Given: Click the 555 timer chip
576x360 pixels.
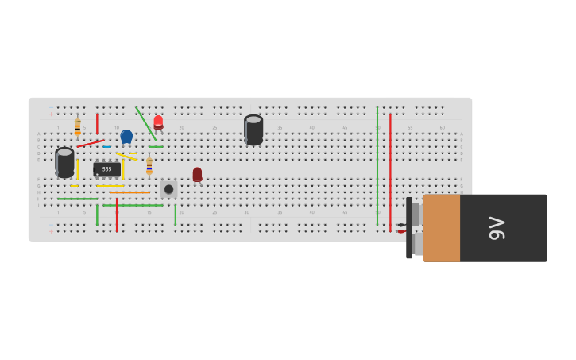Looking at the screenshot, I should [107, 169].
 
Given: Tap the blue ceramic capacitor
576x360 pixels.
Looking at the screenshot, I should [126, 136].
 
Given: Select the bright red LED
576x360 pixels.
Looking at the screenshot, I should [158, 122].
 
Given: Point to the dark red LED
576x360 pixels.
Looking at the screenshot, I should [197, 174].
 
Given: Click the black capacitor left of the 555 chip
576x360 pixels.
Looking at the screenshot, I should [64, 161].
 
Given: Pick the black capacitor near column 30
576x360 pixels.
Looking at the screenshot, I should [253, 130].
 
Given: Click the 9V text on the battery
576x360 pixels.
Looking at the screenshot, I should [497, 228].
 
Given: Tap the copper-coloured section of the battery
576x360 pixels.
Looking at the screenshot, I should [442, 228].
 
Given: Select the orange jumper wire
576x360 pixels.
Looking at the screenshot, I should [130, 192].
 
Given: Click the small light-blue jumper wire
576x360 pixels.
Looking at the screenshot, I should [107, 146].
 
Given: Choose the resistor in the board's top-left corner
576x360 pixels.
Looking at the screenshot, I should [78, 126].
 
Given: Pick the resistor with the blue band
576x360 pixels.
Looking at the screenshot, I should [149, 165].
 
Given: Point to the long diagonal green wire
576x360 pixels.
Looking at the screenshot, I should [145, 123].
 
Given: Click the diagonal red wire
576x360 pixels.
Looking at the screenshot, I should [90, 144].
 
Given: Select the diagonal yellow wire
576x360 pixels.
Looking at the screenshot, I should [126, 156].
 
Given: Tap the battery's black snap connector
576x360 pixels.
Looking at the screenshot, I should [409, 228].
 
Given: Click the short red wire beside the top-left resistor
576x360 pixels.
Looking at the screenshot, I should [97, 123].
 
